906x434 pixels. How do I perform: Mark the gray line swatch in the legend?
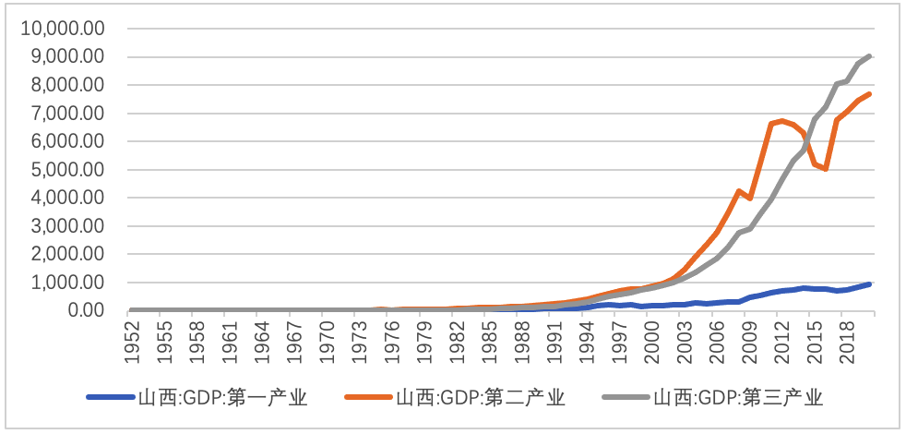(626, 399)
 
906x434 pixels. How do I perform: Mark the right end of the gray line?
(870, 55)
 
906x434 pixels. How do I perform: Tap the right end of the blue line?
(870, 284)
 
